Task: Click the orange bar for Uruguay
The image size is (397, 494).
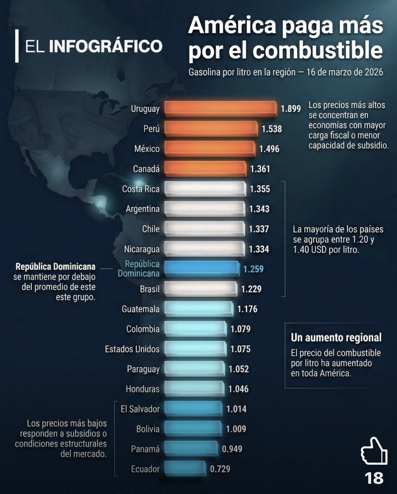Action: click(x=221, y=108)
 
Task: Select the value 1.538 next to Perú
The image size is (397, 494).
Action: click(x=272, y=129)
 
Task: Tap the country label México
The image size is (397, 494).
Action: click(x=147, y=149)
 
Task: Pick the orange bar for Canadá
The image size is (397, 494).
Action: click(x=205, y=169)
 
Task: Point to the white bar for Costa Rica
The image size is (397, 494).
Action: click(x=204, y=189)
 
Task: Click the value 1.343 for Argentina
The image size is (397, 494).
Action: click(x=259, y=209)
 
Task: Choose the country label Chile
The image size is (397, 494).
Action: click(x=150, y=229)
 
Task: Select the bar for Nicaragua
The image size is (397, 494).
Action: click(x=204, y=248)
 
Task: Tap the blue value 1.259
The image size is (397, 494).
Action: click(x=253, y=269)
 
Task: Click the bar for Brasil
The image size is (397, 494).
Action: click(x=200, y=288)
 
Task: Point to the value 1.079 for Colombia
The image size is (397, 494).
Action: click(x=240, y=329)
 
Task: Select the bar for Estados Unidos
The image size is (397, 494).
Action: click(x=195, y=349)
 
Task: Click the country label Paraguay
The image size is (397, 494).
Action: click(x=143, y=369)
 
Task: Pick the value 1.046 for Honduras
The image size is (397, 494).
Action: click(x=238, y=389)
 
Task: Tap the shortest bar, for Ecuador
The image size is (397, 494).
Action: click(x=184, y=468)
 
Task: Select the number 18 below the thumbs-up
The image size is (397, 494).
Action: click(x=374, y=478)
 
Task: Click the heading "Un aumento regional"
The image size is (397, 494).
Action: click(x=336, y=338)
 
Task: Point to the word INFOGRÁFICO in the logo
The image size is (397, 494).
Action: click(x=106, y=46)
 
